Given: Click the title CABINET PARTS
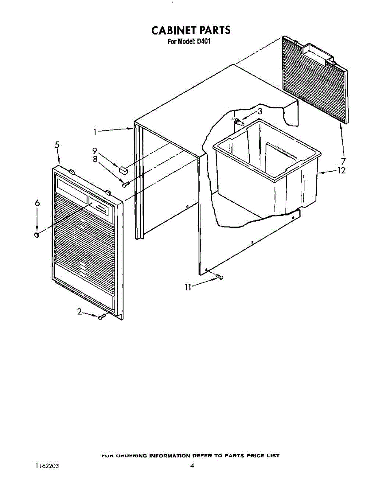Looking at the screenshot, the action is click(x=191, y=30).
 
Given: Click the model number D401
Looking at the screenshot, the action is click(x=203, y=41).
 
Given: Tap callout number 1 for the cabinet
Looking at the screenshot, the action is click(x=95, y=131).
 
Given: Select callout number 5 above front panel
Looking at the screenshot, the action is click(x=57, y=144).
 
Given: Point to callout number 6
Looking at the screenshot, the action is click(x=37, y=203).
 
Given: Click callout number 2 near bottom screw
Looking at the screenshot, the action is click(x=80, y=312).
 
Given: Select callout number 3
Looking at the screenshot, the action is click(x=259, y=111).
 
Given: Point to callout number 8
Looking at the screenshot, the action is click(x=95, y=159).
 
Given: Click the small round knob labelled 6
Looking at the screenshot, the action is click(x=37, y=235).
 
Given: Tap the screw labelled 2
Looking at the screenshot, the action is click(x=102, y=317).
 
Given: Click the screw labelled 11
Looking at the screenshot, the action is click(x=220, y=277).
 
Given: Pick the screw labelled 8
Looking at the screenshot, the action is click(x=125, y=184).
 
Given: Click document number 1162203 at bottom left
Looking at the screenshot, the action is click(x=48, y=466).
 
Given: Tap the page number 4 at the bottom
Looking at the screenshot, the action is click(x=192, y=466).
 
